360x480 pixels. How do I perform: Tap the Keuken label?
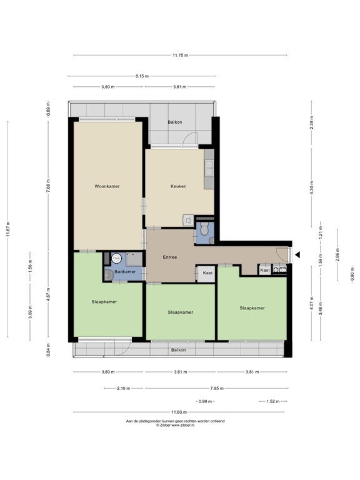[179, 186]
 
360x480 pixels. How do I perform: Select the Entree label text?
[170, 257]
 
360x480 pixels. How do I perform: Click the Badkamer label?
[125, 271]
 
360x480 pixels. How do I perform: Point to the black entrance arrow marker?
[297, 255]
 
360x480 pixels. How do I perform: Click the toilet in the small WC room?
[204, 228]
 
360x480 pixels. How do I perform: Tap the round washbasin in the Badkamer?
[117, 258]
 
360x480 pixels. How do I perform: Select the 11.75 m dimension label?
[180, 56]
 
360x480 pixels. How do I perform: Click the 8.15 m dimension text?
[142, 76]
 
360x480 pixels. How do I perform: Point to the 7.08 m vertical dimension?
[48, 186]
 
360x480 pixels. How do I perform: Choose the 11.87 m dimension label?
[8, 229]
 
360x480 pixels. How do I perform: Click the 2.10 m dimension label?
[123, 389]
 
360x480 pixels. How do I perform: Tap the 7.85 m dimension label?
[217, 389]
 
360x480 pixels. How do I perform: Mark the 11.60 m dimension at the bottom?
[179, 412]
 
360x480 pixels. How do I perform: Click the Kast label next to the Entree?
[207, 272]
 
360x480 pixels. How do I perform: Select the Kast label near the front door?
[265, 270]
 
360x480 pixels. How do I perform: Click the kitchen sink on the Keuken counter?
[209, 168]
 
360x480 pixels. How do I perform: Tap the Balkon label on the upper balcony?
[175, 122]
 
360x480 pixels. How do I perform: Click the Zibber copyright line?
[176, 425]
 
